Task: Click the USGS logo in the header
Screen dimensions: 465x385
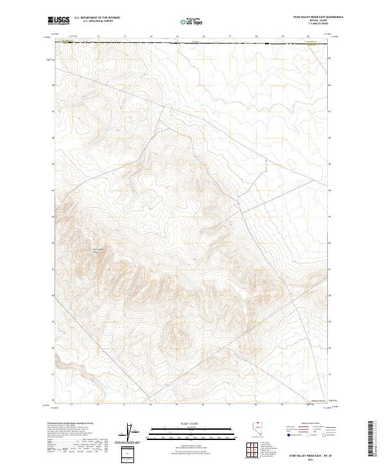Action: click(x=59, y=21)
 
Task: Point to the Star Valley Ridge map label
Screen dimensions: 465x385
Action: click(x=98, y=250)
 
